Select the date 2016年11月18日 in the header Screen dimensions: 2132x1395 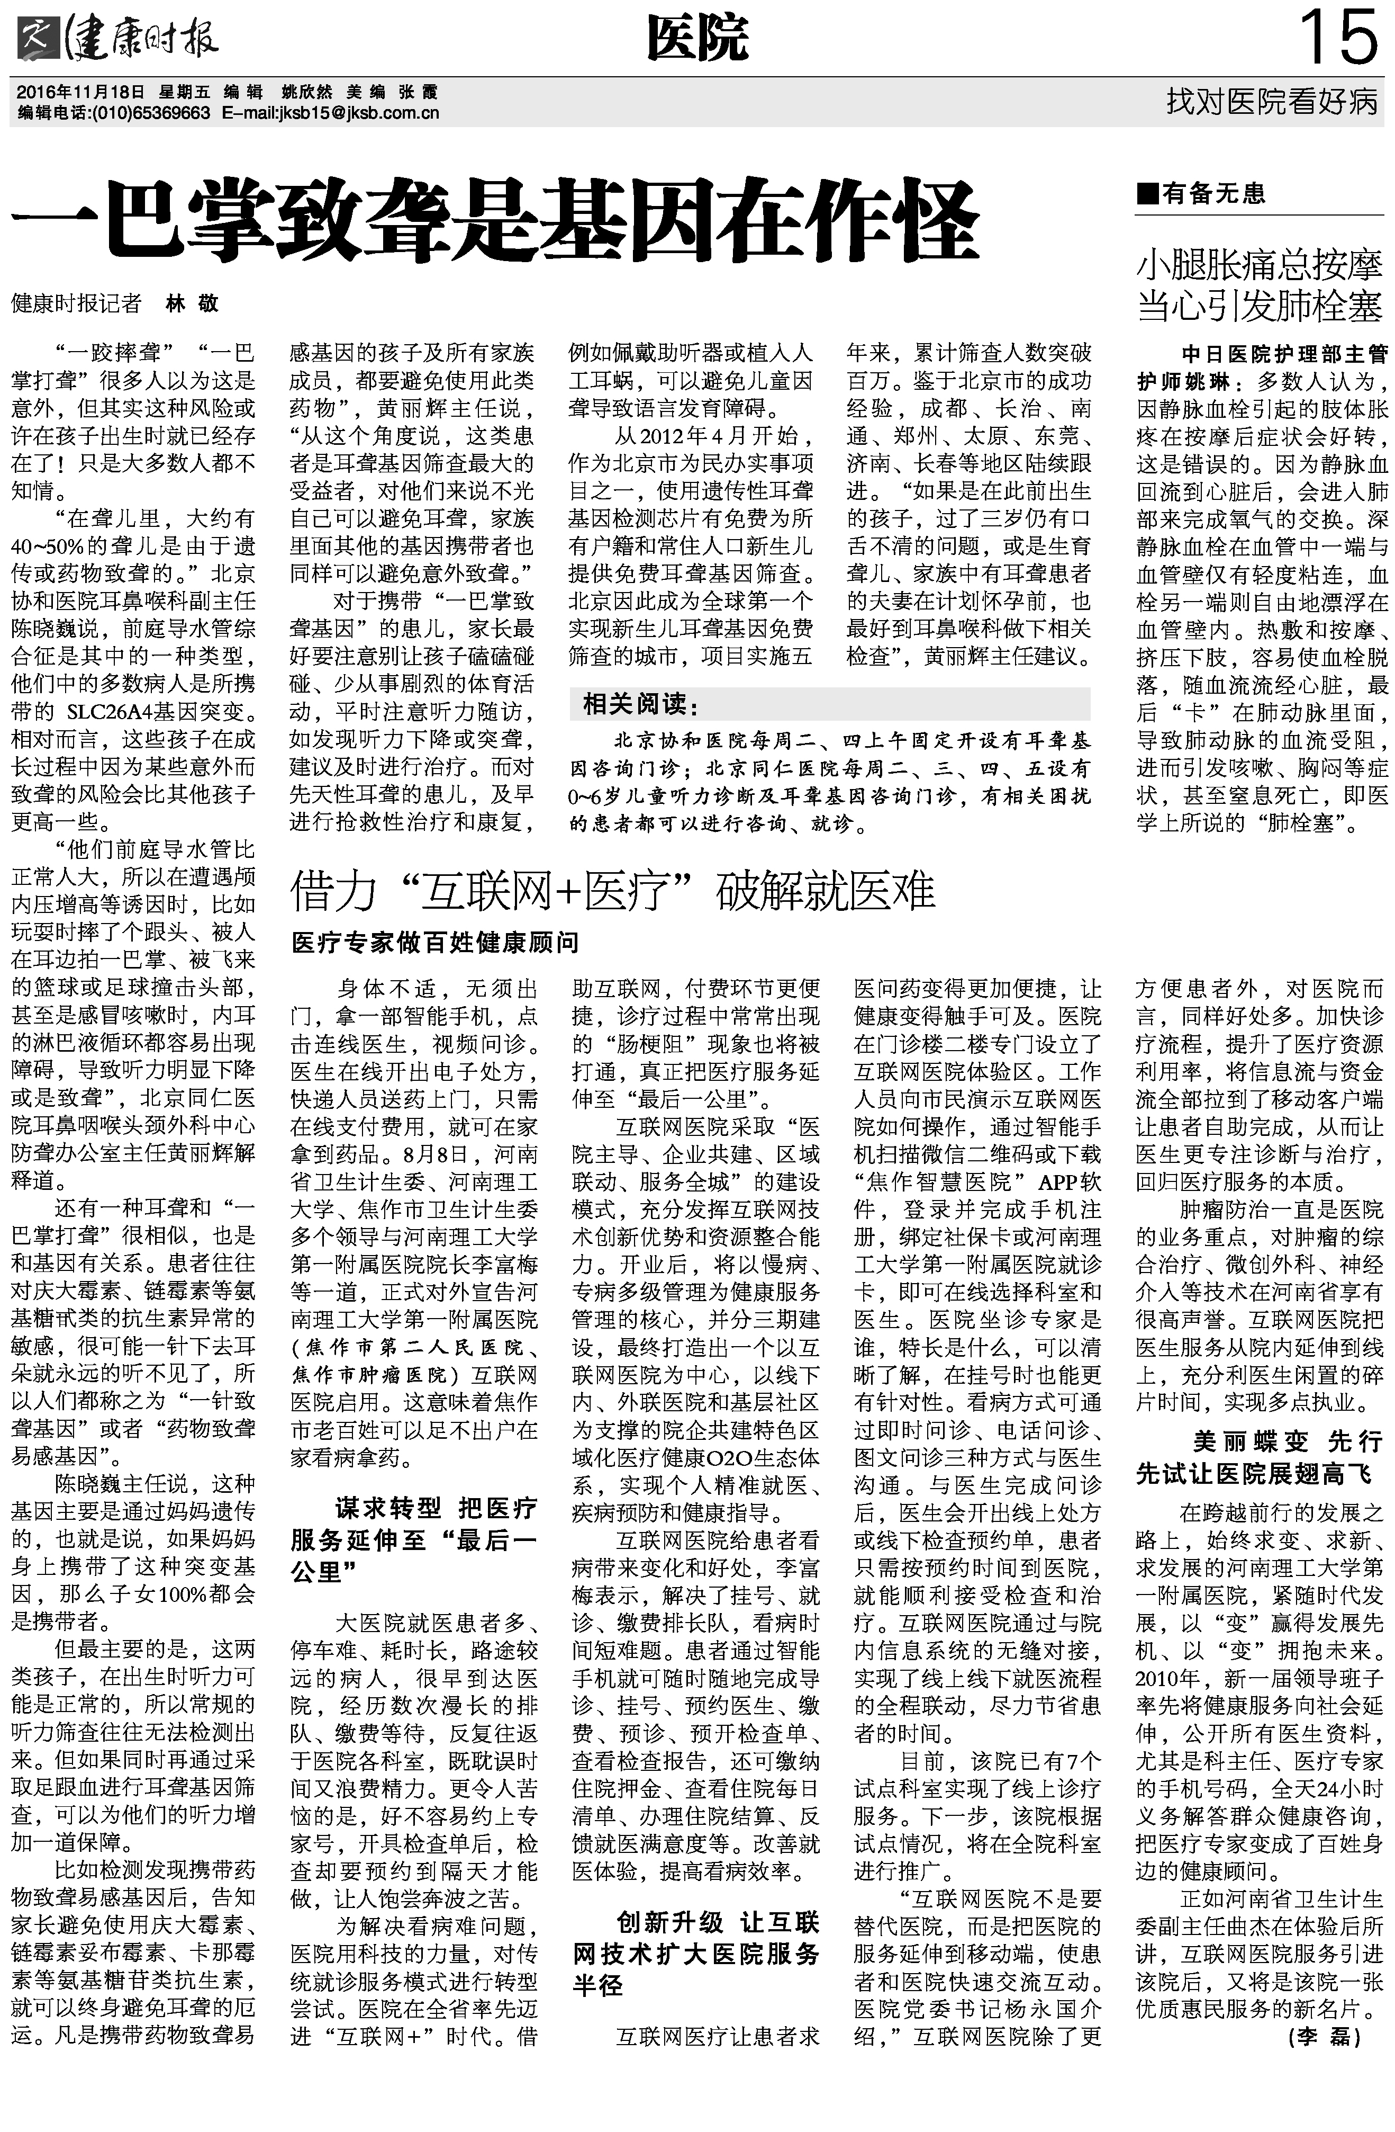pyautogui.click(x=80, y=92)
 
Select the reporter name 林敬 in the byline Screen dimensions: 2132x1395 pyautogui.click(x=193, y=303)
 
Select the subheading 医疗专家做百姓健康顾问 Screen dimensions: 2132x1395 pyautogui.click(x=435, y=943)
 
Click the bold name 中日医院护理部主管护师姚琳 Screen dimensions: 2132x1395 pyautogui.click(x=1260, y=368)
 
